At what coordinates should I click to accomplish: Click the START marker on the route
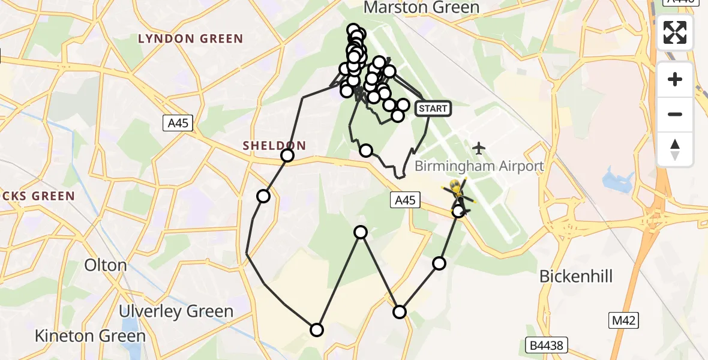tap(433, 109)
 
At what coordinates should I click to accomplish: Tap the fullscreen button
tap(675, 32)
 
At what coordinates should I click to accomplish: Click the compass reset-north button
tap(675, 149)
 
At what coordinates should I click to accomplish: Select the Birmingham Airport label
tap(479, 166)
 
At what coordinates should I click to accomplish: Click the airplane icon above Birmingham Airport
tap(479, 147)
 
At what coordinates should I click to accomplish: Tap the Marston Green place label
tap(421, 7)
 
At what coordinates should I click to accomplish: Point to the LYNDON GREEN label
tap(191, 39)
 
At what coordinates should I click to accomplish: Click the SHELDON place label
tap(274, 145)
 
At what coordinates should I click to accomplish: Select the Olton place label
tap(106, 265)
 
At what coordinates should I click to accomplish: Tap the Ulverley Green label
tap(176, 311)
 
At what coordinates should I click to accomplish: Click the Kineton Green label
tap(90, 336)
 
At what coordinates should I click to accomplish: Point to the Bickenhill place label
tap(576, 276)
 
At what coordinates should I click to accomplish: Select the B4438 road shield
tap(546, 345)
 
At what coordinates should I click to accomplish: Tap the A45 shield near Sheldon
tap(178, 124)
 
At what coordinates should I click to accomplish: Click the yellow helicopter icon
tap(458, 191)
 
